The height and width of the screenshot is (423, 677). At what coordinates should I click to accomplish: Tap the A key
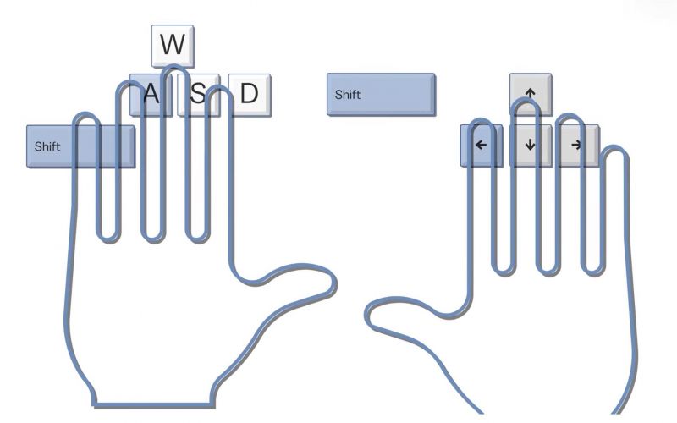point(151,94)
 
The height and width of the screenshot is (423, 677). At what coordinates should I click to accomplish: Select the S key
point(198,94)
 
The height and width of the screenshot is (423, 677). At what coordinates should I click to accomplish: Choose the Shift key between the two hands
point(381,94)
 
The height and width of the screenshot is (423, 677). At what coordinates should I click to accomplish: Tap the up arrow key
point(531,91)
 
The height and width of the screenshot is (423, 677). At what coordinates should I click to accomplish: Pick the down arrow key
point(531,145)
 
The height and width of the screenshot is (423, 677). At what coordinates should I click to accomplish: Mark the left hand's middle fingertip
point(173,71)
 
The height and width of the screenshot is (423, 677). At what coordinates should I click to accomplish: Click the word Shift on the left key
point(47,146)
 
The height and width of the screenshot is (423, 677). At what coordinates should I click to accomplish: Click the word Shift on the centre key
point(348,94)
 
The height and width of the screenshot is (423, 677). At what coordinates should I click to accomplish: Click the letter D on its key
point(248,94)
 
